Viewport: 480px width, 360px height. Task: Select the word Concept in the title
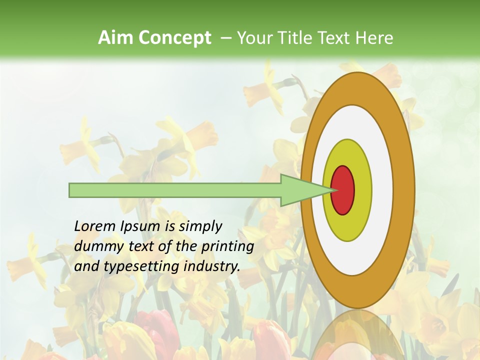(x=175, y=38)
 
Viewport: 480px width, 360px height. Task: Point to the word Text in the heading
(x=334, y=38)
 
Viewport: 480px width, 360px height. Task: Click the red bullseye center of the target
(x=343, y=190)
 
